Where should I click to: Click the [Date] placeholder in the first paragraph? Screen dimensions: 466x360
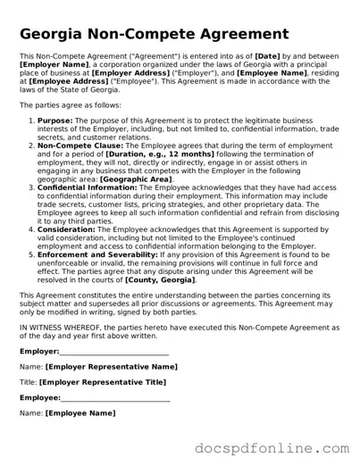pos(272,56)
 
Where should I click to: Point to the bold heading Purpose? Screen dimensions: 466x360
pos(55,119)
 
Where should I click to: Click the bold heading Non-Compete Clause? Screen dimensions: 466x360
pos(78,144)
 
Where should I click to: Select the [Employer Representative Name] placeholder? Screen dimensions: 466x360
pos(111,366)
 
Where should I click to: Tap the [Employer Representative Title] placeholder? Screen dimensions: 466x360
pos(103,382)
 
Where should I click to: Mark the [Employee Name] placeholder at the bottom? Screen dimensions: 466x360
pos(80,412)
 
